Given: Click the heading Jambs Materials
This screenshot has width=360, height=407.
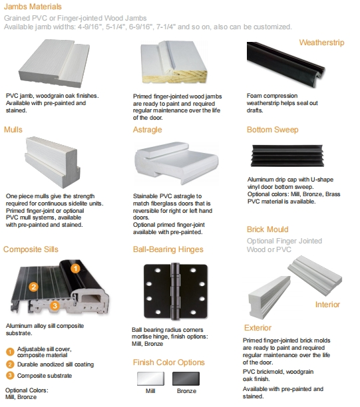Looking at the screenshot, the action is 33,7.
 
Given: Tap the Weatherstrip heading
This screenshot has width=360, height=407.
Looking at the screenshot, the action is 321,43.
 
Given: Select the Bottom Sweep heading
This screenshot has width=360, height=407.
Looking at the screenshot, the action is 272,130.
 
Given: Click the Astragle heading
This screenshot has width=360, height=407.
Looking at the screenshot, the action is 147,130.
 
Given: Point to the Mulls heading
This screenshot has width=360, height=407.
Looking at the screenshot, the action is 13,130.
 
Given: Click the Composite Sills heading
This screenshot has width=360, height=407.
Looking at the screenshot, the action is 31,249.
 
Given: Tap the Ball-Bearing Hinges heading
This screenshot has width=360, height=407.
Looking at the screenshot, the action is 168,249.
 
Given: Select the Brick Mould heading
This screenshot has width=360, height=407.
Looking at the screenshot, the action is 268,229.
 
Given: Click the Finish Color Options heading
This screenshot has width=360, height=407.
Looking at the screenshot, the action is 169,362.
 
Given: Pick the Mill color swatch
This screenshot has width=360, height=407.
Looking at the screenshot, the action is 150,378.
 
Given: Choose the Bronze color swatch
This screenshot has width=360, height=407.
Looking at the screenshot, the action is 186,378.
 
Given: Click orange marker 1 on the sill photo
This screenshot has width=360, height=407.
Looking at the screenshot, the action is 75,269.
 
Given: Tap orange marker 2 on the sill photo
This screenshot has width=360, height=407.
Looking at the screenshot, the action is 33,287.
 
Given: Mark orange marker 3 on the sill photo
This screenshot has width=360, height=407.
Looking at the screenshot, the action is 55,305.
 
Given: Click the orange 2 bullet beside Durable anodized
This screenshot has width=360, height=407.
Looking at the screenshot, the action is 10,364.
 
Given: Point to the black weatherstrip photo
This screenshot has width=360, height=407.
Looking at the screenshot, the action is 285,64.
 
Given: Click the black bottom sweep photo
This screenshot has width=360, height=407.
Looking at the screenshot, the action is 287,155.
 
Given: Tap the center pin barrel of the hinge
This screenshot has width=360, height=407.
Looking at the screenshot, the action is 175,291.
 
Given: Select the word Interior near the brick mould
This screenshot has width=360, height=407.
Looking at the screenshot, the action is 327,305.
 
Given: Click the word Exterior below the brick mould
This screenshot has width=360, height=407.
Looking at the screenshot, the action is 258,328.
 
